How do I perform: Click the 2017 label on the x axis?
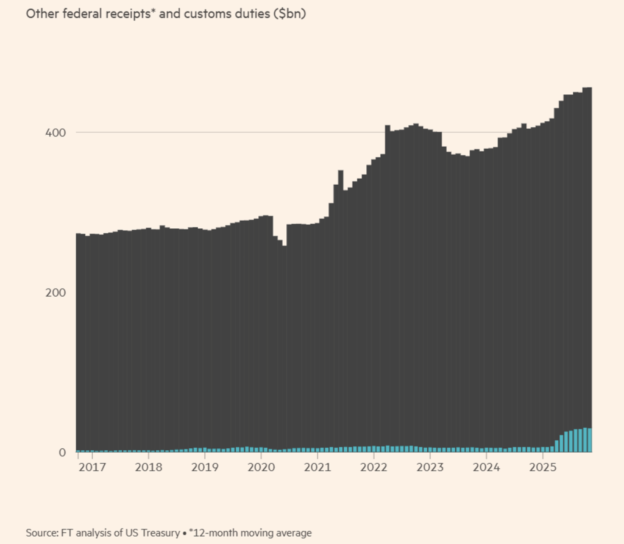tap(93, 468)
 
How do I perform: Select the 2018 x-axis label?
tap(149, 468)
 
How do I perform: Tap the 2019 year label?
tap(205, 468)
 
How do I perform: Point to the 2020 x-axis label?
tap(261, 468)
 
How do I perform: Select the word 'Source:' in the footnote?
tap(42, 532)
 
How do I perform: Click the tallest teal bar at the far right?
tap(585, 440)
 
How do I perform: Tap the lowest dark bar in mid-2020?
tap(284, 347)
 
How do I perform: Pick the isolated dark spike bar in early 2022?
tap(388, 286)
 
